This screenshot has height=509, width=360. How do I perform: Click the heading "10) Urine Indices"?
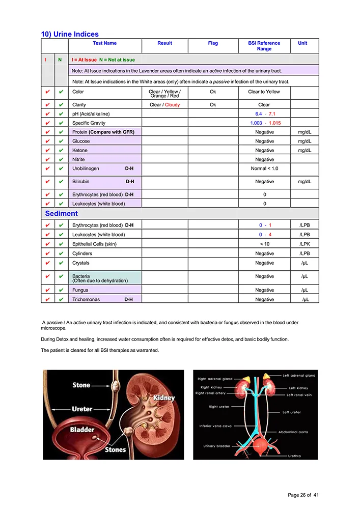[70, 34]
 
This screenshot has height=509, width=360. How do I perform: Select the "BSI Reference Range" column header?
[264, 46]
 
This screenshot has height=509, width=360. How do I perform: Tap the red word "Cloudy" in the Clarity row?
[172, 105]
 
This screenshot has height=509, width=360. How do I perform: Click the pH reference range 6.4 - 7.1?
[265, 114]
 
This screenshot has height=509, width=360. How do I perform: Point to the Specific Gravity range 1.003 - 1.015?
[265, 123]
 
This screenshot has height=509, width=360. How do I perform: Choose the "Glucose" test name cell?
[81, 142]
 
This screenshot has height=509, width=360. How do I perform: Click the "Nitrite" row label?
[78, 160]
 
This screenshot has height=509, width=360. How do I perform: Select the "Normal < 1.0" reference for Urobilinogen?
[264, 168]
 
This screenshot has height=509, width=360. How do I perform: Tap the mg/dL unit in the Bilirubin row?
[304, 182]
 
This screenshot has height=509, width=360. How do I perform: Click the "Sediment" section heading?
[61, 214]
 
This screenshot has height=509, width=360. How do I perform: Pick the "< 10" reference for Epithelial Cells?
[264, 244]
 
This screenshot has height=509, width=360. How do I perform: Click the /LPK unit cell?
[304, 244]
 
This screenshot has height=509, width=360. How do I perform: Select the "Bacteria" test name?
[81, 276]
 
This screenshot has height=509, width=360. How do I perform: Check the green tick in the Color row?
[60, 92]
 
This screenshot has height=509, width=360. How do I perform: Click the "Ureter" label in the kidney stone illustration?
[82, 409]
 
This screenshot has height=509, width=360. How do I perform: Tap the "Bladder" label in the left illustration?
[82, 430]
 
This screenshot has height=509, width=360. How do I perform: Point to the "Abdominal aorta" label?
[293, 432]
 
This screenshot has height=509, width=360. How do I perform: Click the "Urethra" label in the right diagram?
[294, 456]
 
